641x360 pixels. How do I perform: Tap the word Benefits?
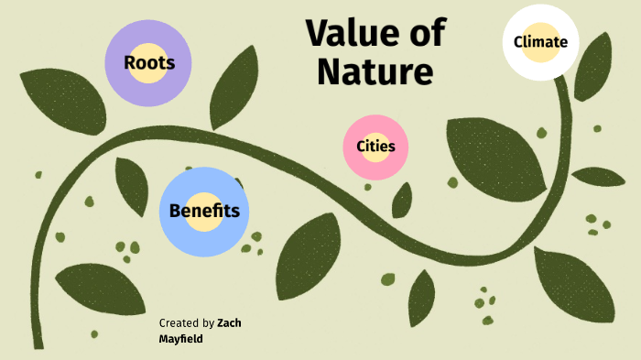coord(204,211)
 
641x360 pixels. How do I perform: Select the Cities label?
coord(375,146)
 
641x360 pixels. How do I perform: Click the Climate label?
coord(540,41)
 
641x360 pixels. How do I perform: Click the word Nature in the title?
coord(375,71)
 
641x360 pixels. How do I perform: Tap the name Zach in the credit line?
coord(229,322)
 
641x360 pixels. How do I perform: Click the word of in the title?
coord(428,33)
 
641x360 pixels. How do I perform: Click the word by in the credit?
coord(208,323)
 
